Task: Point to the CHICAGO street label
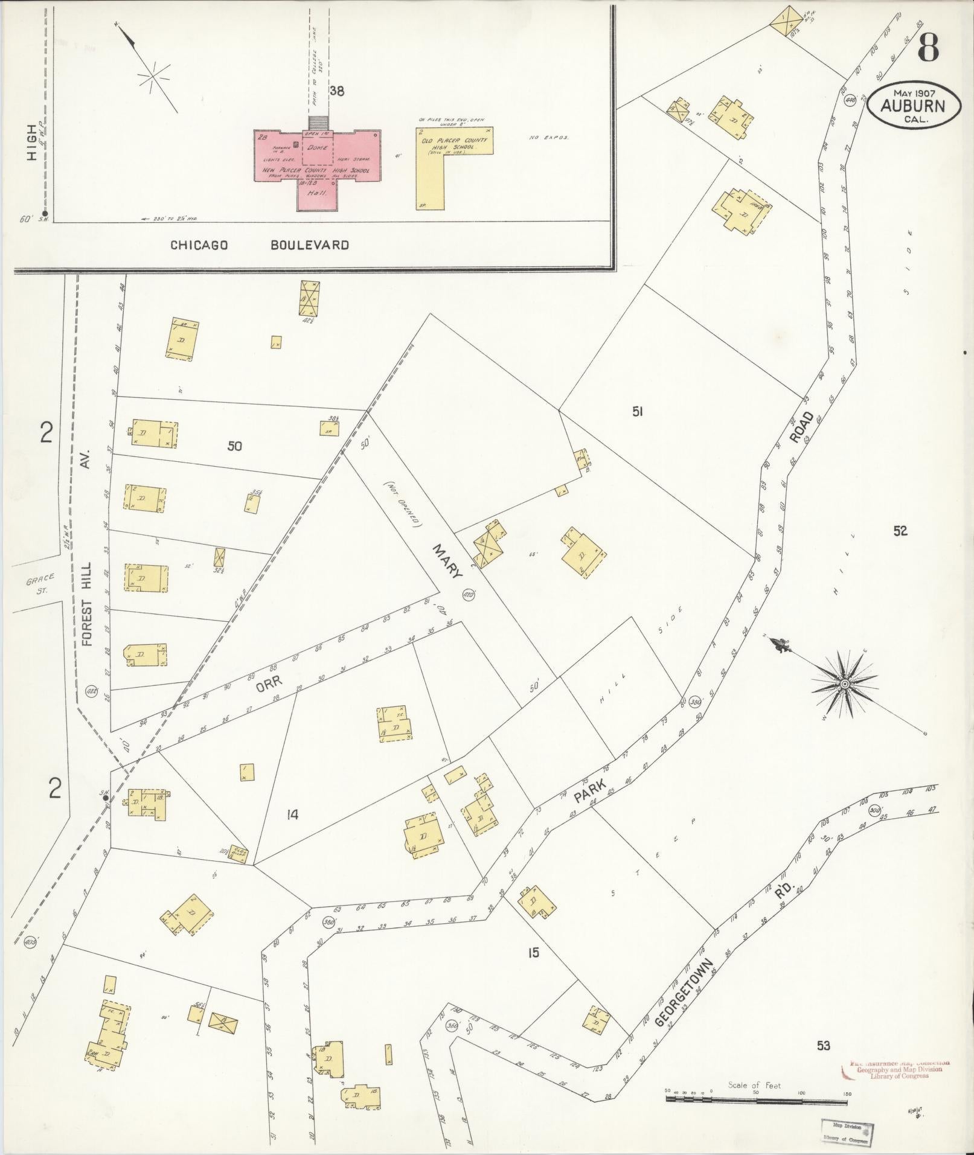pos(199,245)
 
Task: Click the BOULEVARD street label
pos(309,245)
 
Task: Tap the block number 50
pos(235,446)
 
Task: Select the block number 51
pos(637,411)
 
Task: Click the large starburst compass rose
pos(844,683)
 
